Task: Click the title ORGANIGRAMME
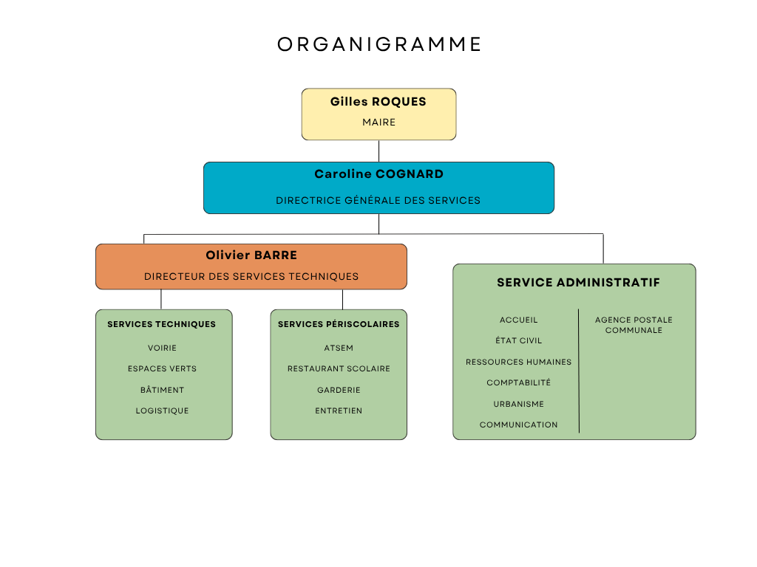click(379, 44)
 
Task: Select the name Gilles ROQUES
click(378, 102)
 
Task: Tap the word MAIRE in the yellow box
click(378, 123)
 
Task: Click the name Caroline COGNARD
click(378, 174)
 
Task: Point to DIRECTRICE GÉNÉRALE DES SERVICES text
click(378, 200)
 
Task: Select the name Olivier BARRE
click(251, 255)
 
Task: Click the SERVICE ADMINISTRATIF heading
click(578, 283)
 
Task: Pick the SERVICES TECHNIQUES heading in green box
click(161, 324)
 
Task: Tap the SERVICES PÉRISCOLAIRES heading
click(339, 324)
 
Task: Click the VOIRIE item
click(162, 348)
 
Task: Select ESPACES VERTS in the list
click(162, 368)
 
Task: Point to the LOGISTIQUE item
click(162, 410)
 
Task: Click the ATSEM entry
click(339, 348)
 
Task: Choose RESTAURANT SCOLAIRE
click(339, 368)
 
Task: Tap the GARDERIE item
click(339, 390)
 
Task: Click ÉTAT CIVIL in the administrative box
click(518, 340)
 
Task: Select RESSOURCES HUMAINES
click(518, 362)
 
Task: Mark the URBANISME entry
click(518, 404)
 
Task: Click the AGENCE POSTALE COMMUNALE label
click(634, 325)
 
